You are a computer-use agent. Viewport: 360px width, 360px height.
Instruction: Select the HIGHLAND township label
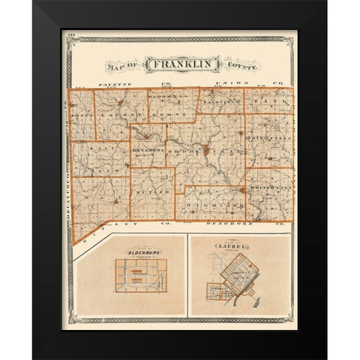pyautogui.click(x=223, y=204)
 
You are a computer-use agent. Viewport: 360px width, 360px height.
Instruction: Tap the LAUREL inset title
pyautogui.click(x=232, y=244)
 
